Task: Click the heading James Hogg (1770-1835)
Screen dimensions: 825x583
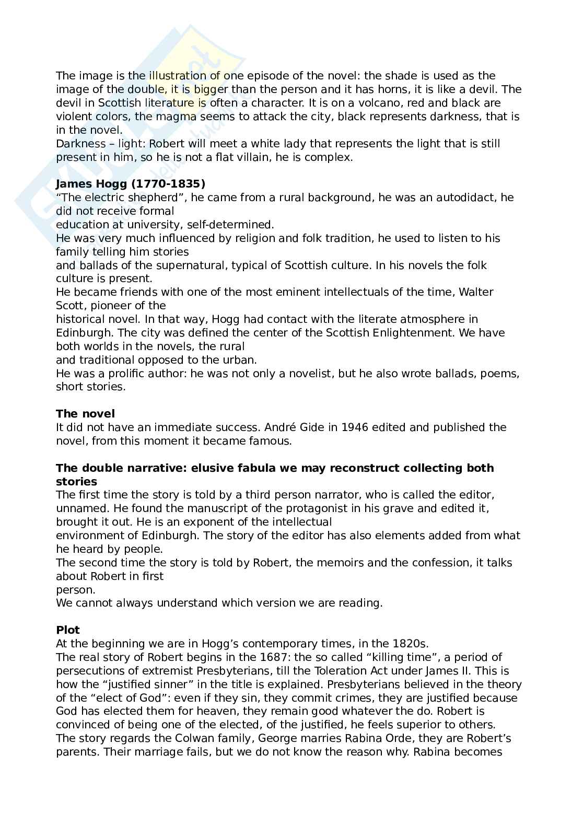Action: (x=131, y=184)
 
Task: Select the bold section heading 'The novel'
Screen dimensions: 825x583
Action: (x=85, y=414)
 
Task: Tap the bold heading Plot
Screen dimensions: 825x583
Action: (x=68, y=630)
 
